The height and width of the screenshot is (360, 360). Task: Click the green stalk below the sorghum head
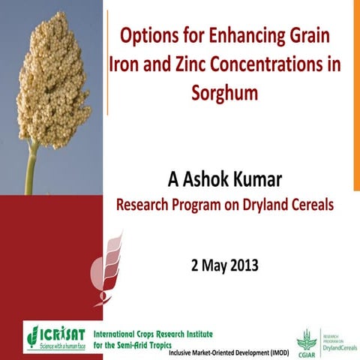[x=31, y=169]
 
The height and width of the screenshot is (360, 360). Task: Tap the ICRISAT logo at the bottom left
[x=55, y=336]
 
